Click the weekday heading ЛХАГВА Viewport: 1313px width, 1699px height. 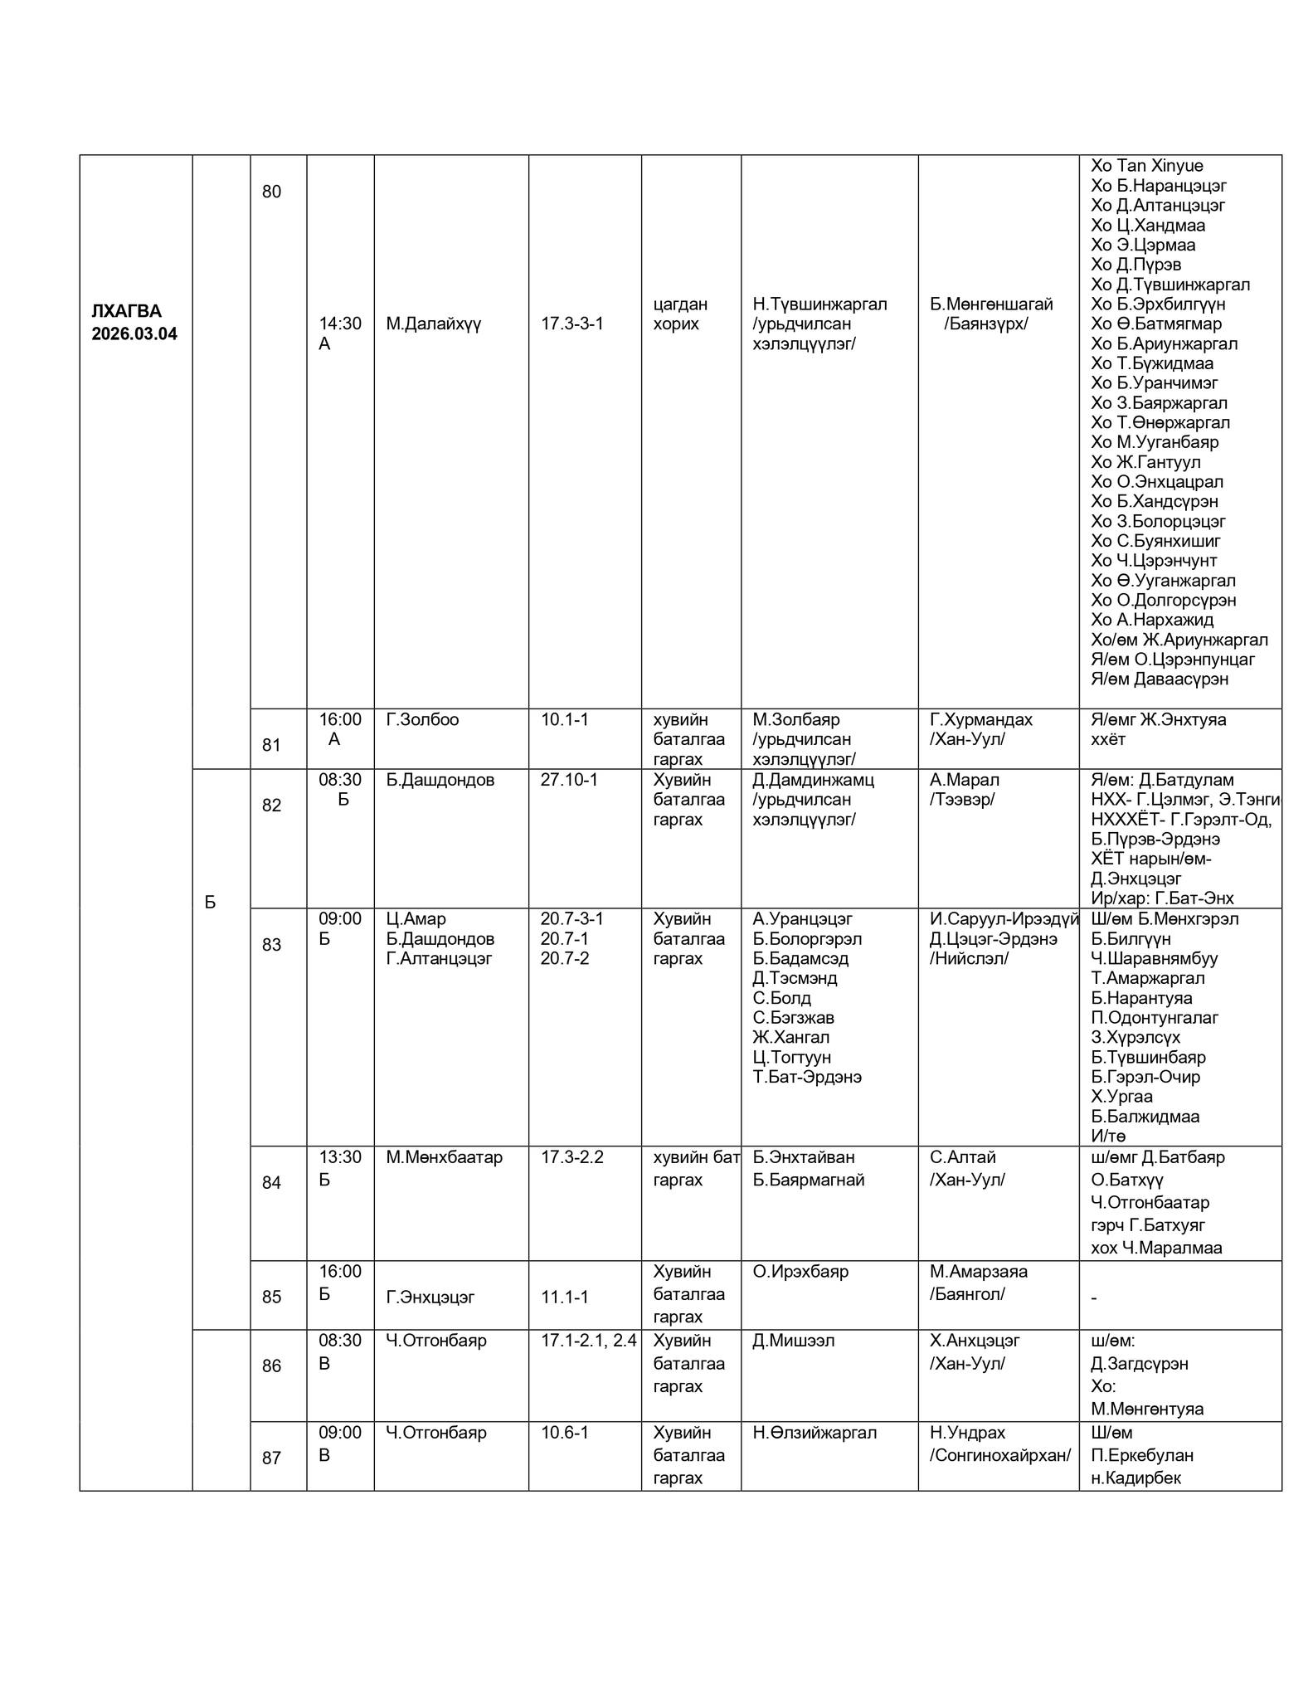126,312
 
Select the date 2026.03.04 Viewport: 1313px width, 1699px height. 134,334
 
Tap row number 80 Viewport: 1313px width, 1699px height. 271,192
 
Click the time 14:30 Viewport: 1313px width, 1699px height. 340,324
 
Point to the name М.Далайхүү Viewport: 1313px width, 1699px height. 433,324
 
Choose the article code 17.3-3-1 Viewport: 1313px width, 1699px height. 572,324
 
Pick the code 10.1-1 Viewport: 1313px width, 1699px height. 565,719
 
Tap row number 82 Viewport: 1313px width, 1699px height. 271,806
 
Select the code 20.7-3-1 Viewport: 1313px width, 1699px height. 572,919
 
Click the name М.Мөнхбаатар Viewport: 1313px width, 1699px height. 444,1157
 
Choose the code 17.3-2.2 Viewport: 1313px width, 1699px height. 572,1157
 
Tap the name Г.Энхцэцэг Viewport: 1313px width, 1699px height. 430,1297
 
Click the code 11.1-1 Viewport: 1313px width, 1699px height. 565,1297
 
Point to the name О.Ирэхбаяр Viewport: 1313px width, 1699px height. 800,1272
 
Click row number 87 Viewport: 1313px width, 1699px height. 271,1458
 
